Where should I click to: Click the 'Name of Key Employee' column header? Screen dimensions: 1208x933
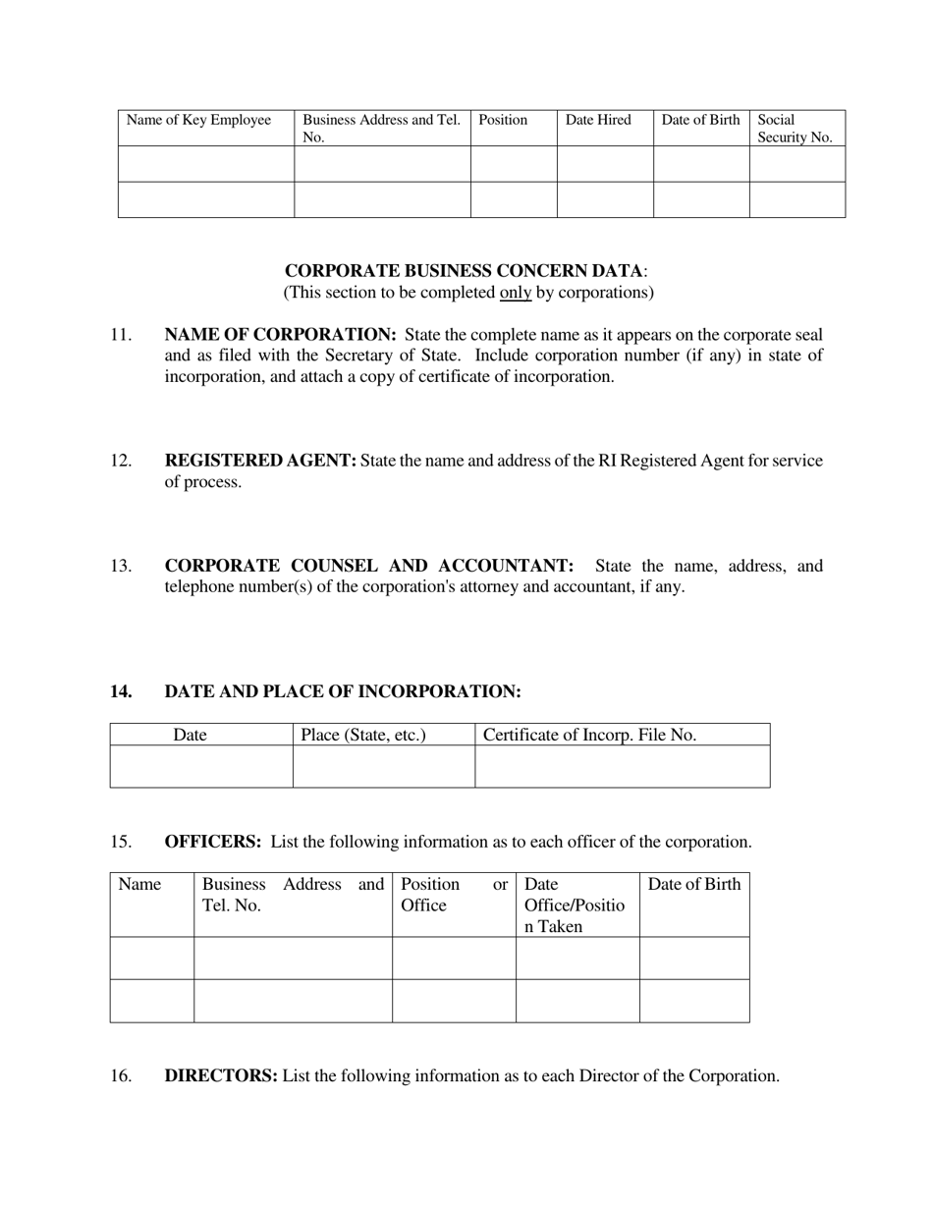pos(198,120)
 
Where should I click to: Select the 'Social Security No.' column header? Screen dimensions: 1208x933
pos(795,129)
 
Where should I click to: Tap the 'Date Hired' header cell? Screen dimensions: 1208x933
pos(598,120)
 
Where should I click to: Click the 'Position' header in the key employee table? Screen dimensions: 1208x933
pos(503,120)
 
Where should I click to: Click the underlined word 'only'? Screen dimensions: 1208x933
pos(515,293)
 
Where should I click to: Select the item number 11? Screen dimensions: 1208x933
pos(120,335)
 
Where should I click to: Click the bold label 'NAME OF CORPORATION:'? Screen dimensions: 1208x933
pos(280,335)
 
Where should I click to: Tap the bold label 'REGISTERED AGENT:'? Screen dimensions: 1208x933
pos(260,461)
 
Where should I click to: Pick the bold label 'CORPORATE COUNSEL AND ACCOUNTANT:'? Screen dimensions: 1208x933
pos(368,566)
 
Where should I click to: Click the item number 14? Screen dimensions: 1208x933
pos(120,691)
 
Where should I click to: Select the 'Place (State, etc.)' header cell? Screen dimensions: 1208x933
pos(363,735)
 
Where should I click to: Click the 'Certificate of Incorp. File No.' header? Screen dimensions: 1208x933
pos(589,735)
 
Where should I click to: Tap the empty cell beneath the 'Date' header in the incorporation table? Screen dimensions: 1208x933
pos(200,766)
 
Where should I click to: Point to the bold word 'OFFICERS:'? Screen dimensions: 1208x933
pos(212,842)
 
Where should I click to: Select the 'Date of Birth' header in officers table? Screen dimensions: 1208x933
pos(693,884)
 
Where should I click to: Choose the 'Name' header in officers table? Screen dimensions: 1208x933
pos(139,884)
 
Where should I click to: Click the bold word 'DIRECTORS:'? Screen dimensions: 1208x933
pos(221,1075)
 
